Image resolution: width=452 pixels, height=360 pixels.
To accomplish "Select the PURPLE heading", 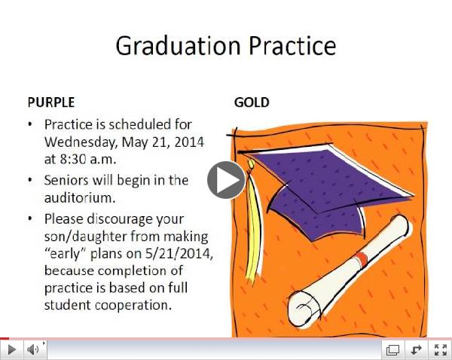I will coord(51,102).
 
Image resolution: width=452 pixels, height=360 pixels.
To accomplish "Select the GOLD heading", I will coord(252,102).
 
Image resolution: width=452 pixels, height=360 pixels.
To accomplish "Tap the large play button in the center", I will coord(226,180).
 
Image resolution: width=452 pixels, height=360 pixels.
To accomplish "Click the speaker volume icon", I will coord(33,349).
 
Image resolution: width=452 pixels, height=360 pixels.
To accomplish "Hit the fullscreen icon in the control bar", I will coord(439,349).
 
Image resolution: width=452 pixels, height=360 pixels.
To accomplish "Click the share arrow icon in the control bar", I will coord(415,349).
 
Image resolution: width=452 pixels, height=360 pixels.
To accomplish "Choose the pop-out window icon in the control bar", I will coord(392,349).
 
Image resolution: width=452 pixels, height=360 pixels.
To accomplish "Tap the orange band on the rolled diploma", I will coord(362,259).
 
